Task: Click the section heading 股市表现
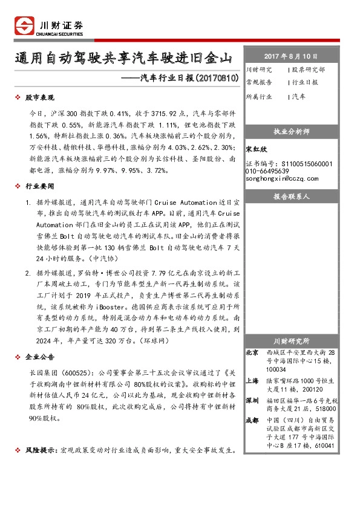(x=40, y=97)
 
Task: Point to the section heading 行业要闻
(x=40, y=188)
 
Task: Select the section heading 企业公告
(x=40, y=356)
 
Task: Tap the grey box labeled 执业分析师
(x=292, y=131)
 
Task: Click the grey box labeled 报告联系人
(x=292, y=197)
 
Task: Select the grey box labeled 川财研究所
(x=292, y=341)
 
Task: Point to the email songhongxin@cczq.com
(x=282, y=178)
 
